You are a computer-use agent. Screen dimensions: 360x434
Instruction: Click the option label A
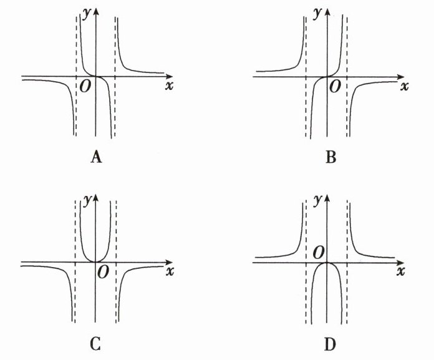[x=95, y=157]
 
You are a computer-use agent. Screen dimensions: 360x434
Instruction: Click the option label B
[x=331, y=157]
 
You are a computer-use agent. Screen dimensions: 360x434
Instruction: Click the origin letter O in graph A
[x=85, y=86]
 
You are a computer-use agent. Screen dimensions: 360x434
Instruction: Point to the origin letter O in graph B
[x=335, y=86]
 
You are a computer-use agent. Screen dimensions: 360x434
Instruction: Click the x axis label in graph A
[x=168, y=86]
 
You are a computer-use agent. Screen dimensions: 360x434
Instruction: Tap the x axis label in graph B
[x=404, y=86]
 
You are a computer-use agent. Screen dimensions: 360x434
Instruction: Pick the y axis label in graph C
[x=86, y=199]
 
